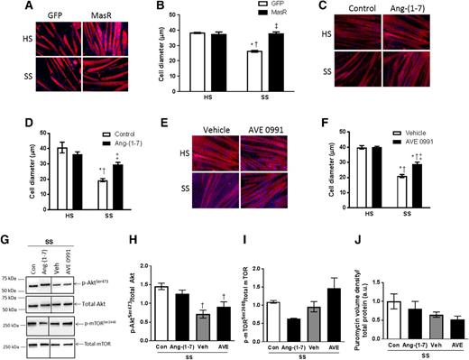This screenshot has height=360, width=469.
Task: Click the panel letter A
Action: (x=7, y=8)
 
